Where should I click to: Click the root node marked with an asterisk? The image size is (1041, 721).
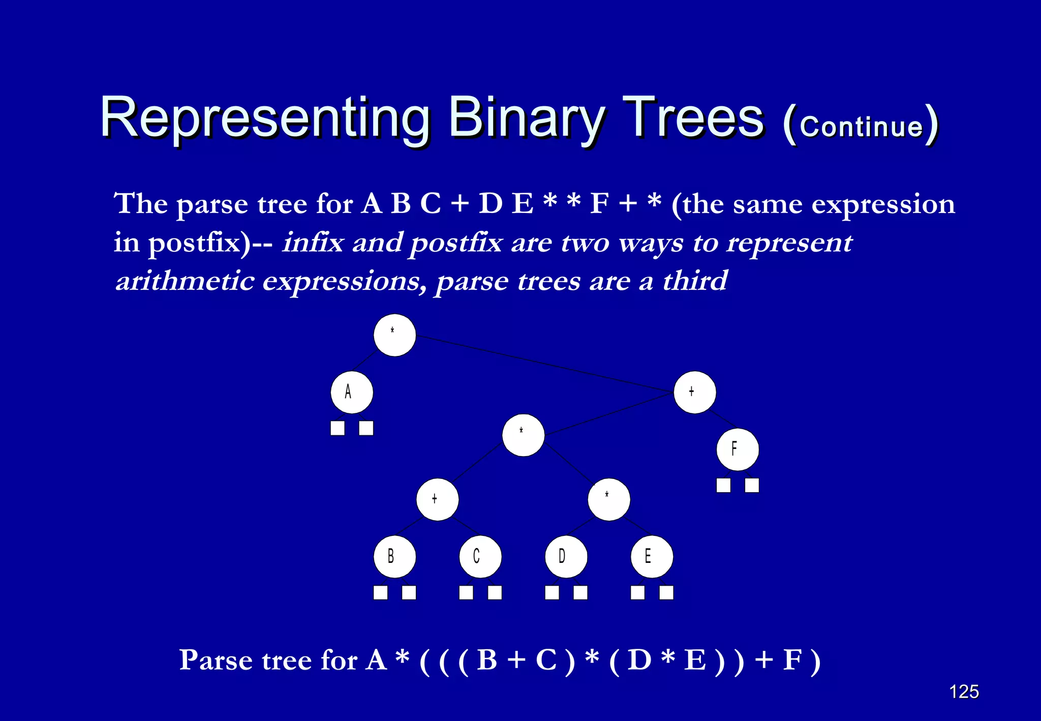394,335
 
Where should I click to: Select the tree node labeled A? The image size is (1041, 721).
352,392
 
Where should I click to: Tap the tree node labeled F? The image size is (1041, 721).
738,449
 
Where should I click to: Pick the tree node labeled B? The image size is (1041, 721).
394,557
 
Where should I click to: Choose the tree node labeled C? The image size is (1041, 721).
480,557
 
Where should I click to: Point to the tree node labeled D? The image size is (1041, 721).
566,557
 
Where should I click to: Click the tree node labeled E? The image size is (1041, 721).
652,557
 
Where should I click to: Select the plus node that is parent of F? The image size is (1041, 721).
695,392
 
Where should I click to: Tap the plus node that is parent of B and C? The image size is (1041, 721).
437,499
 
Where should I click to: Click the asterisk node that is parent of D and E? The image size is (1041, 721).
609,499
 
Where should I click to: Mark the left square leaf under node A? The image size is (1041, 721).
338,428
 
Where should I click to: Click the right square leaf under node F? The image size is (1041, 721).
752,485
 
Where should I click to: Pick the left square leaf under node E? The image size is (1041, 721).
638,592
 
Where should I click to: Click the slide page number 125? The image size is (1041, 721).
964,692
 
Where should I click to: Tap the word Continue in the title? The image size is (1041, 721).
861,126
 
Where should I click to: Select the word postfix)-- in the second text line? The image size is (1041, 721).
210,243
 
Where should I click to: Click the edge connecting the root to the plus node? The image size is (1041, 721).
544,364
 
